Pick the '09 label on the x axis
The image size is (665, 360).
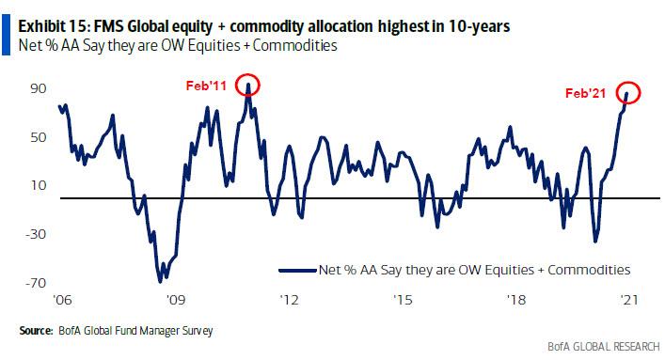pyautogui.click(x=174, y=302)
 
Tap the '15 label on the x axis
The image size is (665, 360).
pyautogui.click(x=402, y=302)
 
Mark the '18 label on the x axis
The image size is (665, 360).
pyautogui.click(x=515, y=302)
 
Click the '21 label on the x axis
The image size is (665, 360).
pyautogui.click(x=627, y=302)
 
